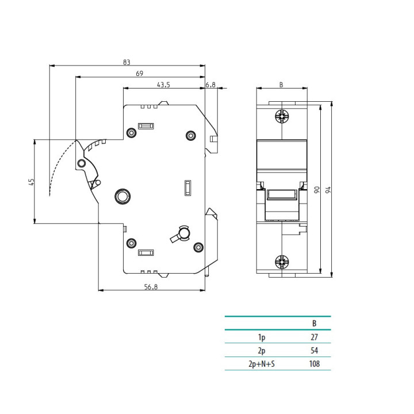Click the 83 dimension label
pyautogui.click(x=126, y=62)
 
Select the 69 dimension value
pyautogui.click(x=139, y=74)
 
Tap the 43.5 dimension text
pyautogui.click(x=163, y=85)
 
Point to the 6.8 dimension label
pyautogui.click(x=210, y=85)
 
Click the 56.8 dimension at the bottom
pyautogui.click(x=151, y=287)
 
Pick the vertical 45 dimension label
pyautogui.click(x=32, y=182)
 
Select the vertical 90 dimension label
pyautogui.click(x=317, y=190)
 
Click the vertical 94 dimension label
pyautogui.click(x=328, y=190)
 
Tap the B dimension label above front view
pyautogui.click(x=281, y=85)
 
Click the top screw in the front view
pyautogui.click(x=282, y=116)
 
